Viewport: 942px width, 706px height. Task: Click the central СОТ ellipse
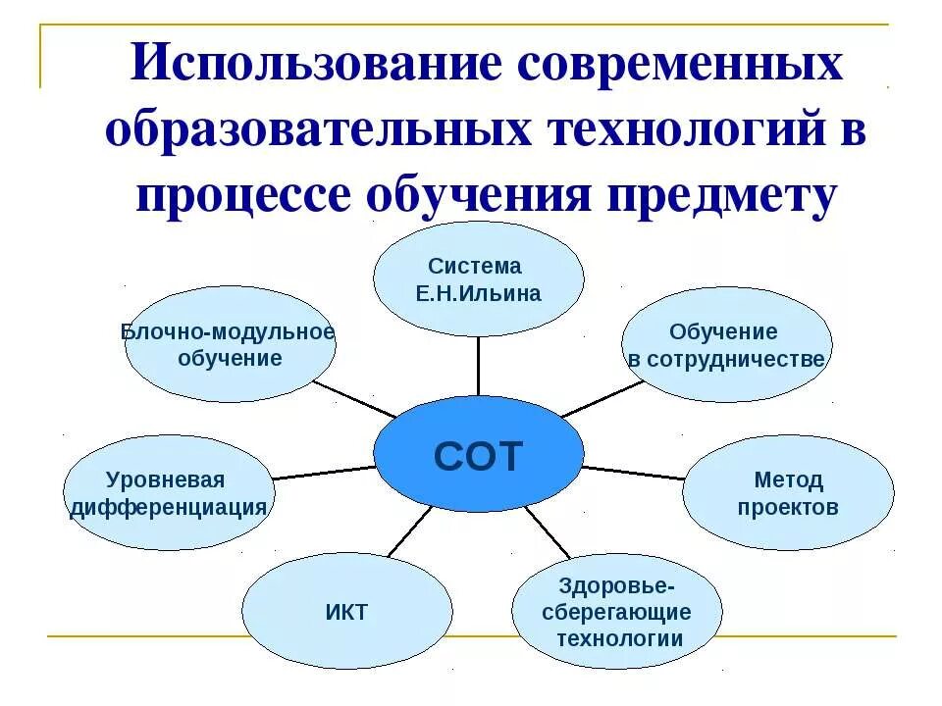click(478, 455)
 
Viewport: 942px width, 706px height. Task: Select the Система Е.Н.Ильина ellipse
click(478, 279)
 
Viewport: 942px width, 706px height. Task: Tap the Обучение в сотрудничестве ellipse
click(727, 345)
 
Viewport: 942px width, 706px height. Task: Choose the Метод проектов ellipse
click(788, 493)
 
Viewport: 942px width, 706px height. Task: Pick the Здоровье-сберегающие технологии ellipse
click(617, 612)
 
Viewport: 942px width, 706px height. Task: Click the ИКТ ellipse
click(346, 612)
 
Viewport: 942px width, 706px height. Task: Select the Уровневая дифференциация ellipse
click(168, 493)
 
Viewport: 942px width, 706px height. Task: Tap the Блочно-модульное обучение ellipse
click(230, 344)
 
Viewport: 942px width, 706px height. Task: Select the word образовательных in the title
click(311, 130)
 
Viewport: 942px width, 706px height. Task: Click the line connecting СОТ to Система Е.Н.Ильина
click(478, 366)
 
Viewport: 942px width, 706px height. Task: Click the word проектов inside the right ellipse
click(788, 508)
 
